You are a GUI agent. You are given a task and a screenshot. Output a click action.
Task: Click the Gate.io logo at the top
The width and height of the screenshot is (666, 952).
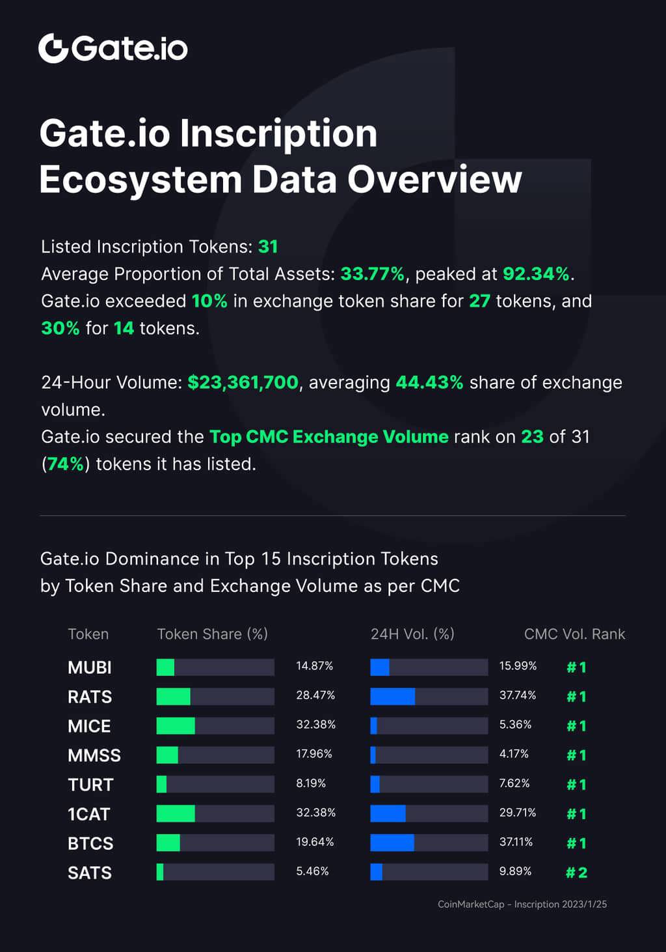113,48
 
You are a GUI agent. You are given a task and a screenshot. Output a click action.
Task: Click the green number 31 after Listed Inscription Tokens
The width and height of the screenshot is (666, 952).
268,247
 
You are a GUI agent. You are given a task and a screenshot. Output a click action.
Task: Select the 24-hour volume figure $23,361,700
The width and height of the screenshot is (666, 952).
243,383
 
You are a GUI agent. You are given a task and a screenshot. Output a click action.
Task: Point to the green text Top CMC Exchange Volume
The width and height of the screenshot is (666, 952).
329,437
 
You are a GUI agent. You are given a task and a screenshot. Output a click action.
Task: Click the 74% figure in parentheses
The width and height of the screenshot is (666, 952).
66,464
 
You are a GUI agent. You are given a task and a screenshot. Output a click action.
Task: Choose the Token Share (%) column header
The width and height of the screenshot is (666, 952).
213,634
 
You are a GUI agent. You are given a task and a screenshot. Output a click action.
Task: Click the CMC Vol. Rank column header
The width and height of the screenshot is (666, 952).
574,634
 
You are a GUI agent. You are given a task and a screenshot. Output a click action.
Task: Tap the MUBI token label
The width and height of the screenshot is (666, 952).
90,667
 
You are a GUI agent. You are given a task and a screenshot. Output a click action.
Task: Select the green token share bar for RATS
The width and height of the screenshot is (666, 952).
174,697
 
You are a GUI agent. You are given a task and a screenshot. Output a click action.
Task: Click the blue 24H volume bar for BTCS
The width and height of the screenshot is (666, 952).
392,843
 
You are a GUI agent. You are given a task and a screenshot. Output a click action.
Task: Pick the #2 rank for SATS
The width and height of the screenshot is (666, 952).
576,873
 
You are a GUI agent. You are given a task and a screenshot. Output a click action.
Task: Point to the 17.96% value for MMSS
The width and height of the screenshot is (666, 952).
314,754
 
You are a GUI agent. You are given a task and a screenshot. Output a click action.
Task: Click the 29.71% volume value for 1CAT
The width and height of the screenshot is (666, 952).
518,813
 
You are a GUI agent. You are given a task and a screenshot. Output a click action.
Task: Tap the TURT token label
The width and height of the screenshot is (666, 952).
90,785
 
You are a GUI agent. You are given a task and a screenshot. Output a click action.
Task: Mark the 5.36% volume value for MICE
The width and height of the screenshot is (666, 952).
515,725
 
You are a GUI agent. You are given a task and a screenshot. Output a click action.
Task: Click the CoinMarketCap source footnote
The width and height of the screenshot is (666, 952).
522,904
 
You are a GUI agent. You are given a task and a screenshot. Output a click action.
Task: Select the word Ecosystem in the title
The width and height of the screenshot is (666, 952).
140,180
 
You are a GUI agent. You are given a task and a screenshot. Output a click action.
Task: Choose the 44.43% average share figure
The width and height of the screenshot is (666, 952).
429,383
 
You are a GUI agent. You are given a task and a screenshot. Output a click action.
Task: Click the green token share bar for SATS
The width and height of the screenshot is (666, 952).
160,873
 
